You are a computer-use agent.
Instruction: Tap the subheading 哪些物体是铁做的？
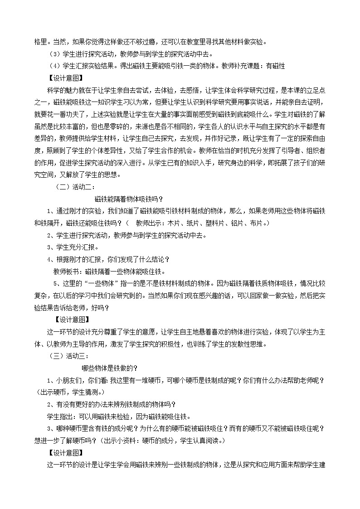(x=109, y=367)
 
